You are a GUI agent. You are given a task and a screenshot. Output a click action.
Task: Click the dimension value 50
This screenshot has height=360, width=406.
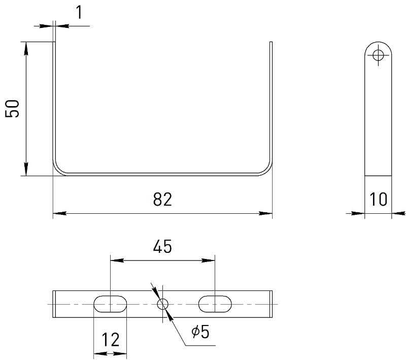[12, 109]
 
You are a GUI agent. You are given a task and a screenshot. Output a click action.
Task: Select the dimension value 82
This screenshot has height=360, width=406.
[162, 200]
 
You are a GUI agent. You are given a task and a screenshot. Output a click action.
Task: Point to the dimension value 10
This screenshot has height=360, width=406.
[378, 200]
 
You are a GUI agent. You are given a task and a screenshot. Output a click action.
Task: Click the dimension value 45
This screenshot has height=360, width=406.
[162, 246]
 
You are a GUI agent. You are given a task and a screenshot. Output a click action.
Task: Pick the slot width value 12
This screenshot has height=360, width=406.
[110, 340]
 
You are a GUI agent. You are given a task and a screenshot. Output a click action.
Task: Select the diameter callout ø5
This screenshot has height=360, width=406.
[200, 332]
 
